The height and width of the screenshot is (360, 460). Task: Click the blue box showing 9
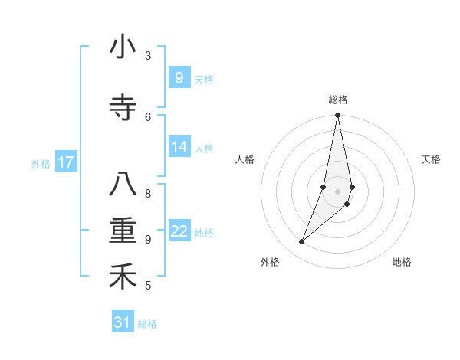click(179, 78)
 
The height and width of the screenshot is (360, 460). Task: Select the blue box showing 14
click(179, 147)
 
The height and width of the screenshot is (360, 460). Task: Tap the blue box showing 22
click(179, 231)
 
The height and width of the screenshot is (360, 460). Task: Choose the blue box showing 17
click(66, 162)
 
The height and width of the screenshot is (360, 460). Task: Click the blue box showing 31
click(123, 322)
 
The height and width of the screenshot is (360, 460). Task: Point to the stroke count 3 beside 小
click(148, 56)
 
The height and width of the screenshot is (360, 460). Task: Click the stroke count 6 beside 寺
click(148, 116)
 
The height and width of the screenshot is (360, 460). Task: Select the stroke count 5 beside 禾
click(148, 286)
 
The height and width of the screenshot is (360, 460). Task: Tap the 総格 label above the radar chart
click(338, 100)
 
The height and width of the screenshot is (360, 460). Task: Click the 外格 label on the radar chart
click(270, 262)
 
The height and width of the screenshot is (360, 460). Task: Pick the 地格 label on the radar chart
click(402, 262)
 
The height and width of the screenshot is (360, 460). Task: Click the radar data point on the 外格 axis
click(301, 242)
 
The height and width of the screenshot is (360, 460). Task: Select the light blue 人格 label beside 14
click(204, 148)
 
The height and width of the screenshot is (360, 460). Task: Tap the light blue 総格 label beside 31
click(147, 324)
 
